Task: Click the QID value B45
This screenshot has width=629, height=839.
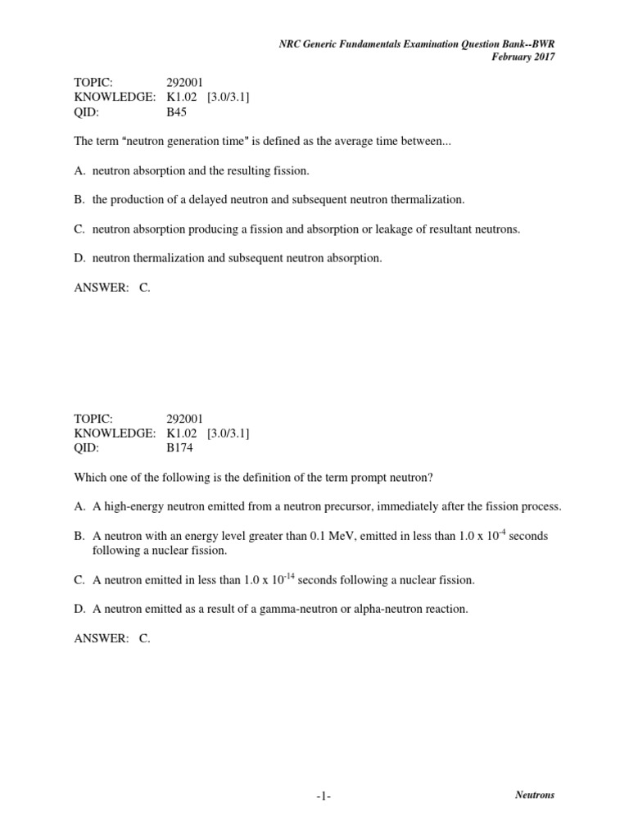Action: pyautogui.click(x=176, y=112)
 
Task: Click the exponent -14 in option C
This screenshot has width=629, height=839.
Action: pyautogui.click(x=289, y=574)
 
